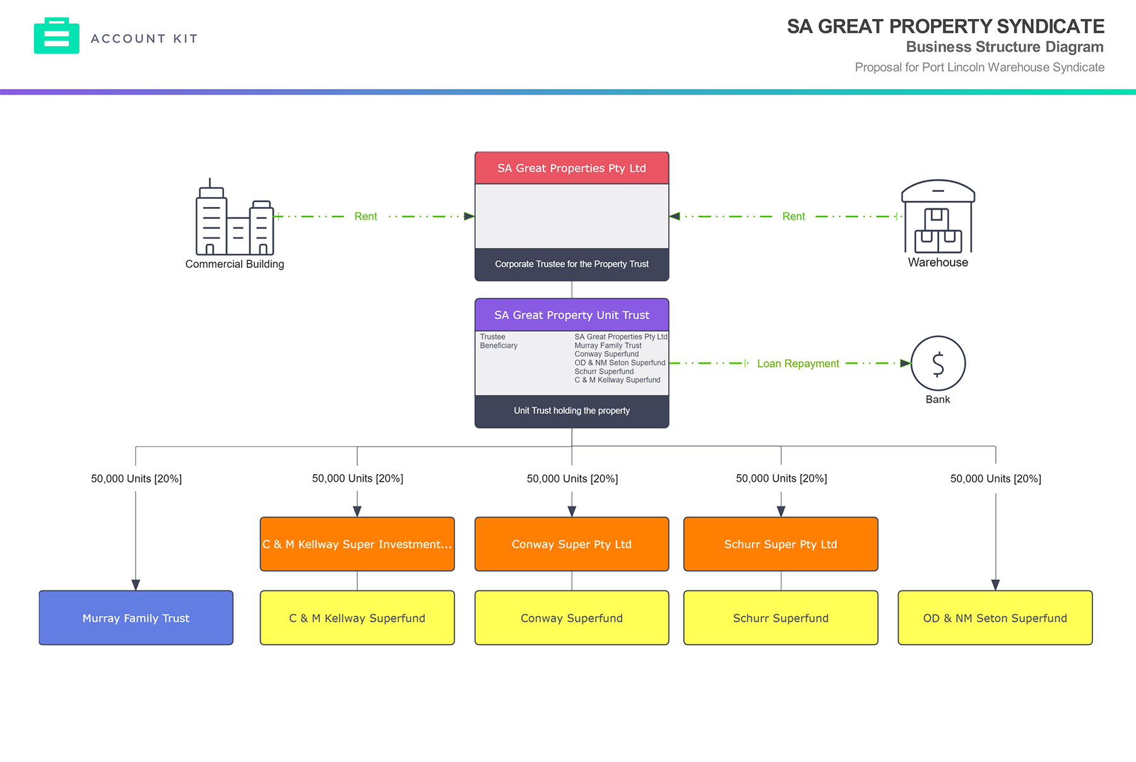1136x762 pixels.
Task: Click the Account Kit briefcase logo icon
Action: pyautogui.click(x=57, y=36)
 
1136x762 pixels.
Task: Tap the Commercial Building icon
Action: pyautogui.click(x=235, y=218)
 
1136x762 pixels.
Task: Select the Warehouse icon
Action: pyautogui.click(x=938, y=217)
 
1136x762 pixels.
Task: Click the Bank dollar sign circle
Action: pyautogui.click(x=938, y=364)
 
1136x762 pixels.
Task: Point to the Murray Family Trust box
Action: pyautogui.click(x=136, y=618)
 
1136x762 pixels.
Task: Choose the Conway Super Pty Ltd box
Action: pyautogui.click(x=572, y=544)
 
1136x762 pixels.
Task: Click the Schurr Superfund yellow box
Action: pyautogui.click(x=781, y=618)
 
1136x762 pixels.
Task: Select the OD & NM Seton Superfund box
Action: pyautogui.click(x=995, y=618)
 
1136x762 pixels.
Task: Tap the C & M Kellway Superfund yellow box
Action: pyautogui.click(x=357, y=618)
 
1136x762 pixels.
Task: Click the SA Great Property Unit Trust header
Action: pyautogui.click(x=572, y=315)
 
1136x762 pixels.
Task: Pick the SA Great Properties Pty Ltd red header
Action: pyautogui.click(x=572, y=169)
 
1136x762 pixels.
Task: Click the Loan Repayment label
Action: pyautogui.click(x=798, y=364)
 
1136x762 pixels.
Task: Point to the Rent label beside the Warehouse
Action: pyautogui.click(x=793, y=217)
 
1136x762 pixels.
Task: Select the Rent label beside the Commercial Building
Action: pyautogui.click(x=365, y=217)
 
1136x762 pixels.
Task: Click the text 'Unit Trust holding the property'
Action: pyautogui.click(x=572, y=411)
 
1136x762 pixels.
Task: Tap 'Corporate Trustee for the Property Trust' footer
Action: pyautogui.click(x=572, y=265)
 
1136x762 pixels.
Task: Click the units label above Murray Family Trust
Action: pyautogui.click(x=136, y=479)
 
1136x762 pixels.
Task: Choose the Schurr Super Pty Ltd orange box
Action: pyautogui.click(x=781, y=544)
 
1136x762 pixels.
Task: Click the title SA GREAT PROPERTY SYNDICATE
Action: pyautogui.click(x=945, y=27)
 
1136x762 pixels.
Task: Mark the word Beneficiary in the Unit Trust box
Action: pyautogui.click(x=499, y=346)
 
